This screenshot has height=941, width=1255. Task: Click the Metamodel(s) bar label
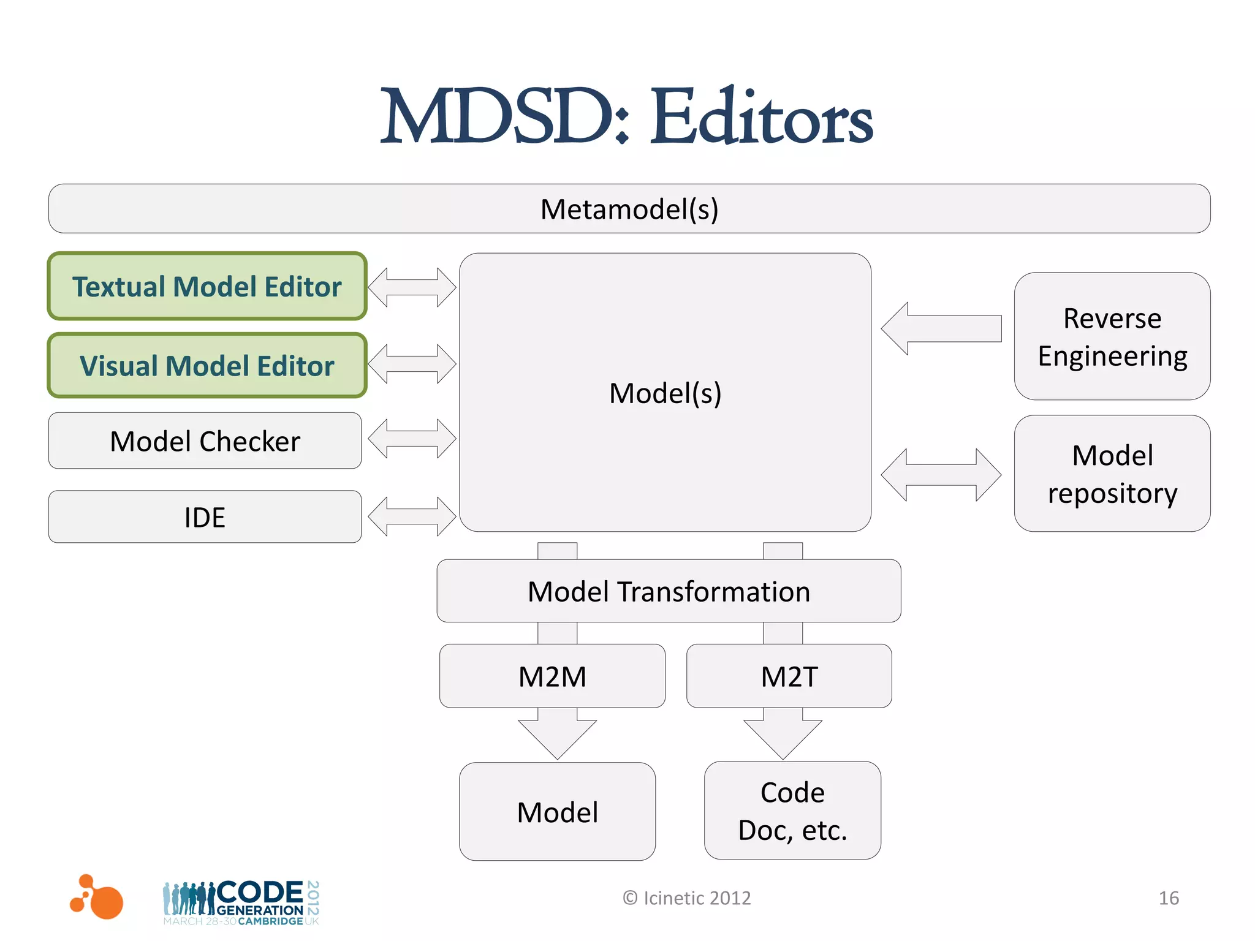click(629, 210)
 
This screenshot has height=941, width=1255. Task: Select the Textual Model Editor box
click(207, 287)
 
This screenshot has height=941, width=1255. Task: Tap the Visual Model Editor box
click(207, 366)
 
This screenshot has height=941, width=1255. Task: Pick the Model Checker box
click(205, 441)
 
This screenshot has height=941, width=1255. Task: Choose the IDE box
click(205, 517)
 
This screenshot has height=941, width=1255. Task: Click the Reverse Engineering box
click(1112, 337)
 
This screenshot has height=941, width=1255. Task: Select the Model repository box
click(1112, 474)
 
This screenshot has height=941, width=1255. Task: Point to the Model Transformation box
click(669, 591)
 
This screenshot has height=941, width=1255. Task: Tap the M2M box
click(552, 676)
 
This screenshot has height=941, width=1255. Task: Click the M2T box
click(789, 676)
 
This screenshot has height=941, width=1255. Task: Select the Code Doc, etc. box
click(792, 811)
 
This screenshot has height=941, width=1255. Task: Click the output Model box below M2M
click(557, 812)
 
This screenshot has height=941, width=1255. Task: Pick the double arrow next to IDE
click(412, 516)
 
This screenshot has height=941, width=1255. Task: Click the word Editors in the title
click(761, 116)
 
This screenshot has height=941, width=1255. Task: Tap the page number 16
click(1169, 898)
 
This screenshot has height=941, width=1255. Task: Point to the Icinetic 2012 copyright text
click(687, 898)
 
